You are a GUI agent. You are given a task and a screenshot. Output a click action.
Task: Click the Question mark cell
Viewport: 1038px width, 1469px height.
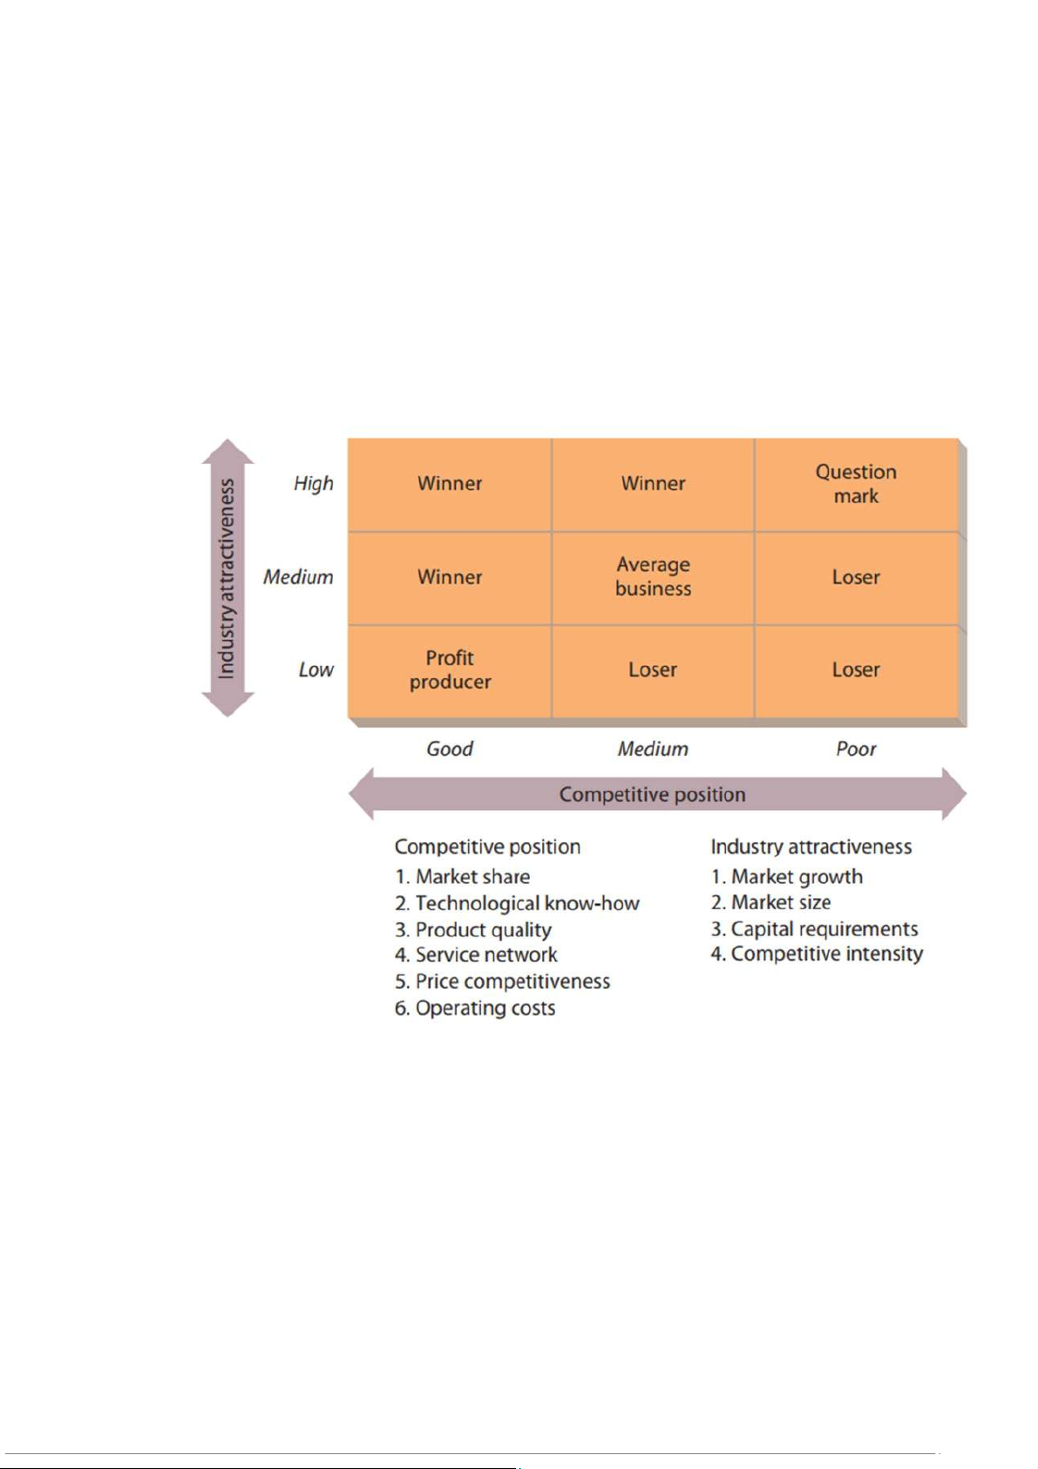point(856,484)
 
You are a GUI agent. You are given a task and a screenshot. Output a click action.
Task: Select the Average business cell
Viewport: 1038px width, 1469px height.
point(653,577)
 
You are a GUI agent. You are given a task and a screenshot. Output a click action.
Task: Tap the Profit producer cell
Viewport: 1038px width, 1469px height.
point(450,670)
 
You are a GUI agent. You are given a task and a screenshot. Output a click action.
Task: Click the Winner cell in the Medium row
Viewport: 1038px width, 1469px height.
point(450,577)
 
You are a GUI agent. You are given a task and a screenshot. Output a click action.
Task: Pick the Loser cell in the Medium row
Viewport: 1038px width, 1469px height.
point(856,577)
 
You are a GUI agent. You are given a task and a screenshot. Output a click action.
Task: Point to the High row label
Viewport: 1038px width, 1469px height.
point(314,484)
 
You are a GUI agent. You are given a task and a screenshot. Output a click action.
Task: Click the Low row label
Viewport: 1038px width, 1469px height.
point(315,670)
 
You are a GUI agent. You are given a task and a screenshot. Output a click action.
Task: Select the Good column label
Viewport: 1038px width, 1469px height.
point(450,749)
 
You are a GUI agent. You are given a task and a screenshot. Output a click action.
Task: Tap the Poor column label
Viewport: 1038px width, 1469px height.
point(856,749)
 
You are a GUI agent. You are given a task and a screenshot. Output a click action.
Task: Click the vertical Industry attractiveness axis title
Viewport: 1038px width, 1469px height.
point(227,578)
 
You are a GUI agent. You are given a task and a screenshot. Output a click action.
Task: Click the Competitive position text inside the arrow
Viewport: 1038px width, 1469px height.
point(653,794)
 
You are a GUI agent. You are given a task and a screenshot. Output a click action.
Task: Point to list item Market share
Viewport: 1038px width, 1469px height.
point(463,877)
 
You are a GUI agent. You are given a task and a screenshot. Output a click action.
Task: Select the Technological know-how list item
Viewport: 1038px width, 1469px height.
point(518,903)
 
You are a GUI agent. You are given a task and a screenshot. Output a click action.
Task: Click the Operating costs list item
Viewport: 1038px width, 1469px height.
point(475,1009)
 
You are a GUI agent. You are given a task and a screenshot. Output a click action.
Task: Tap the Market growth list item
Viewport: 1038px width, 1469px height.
point(787,877)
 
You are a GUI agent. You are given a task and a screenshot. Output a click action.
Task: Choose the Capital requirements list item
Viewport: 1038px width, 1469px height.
point(815,929)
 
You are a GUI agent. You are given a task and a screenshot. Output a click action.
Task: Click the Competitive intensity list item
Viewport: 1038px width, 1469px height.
point(818,955)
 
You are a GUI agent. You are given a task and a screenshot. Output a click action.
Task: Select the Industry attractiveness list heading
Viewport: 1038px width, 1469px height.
point(811,847)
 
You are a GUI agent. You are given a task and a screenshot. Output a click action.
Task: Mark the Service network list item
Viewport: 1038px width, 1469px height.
point(477,956)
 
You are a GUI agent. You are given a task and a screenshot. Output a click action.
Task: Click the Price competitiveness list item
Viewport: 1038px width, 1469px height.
point(503,982)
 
